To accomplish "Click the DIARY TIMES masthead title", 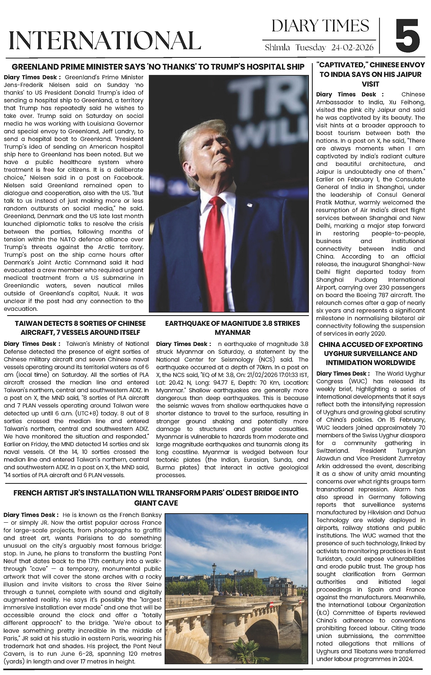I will tap(320, 26).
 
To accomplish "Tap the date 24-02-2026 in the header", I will tap(352, 47).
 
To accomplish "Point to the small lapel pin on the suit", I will tap(249, 205).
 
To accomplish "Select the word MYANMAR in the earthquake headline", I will tap(233, 333).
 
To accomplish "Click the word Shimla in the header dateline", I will tap(277, 47).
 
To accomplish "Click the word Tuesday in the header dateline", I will tap(310, 47).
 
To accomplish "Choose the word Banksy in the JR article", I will tap(150, 515).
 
